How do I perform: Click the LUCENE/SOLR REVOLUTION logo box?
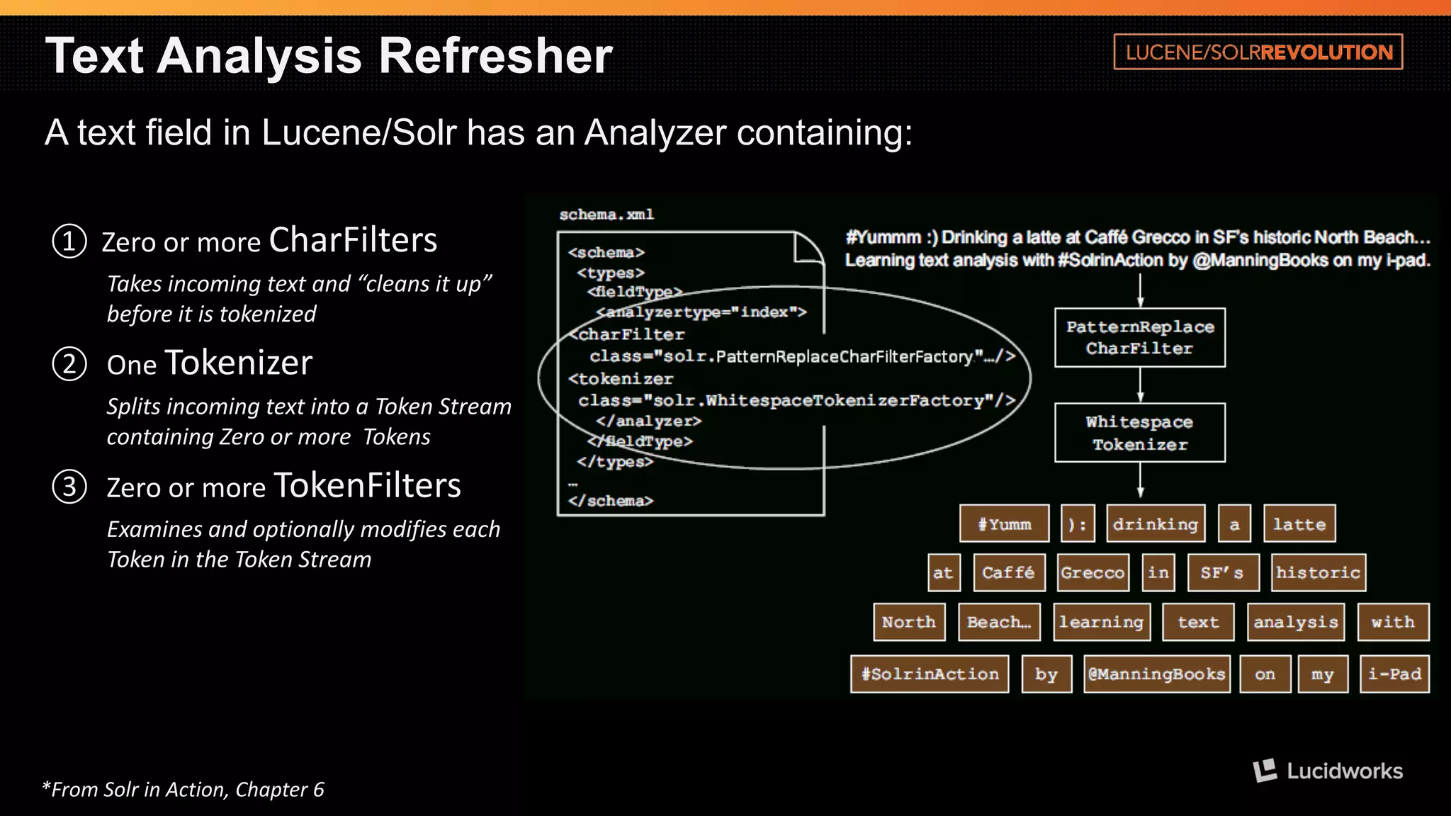click(1258, 52)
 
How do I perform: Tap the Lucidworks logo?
click(1328, 771)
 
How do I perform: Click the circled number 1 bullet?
click(69, 242)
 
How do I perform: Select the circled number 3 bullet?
click(69, 487)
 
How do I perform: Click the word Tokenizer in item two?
click(238, 363)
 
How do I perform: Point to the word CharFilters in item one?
click(353, 240)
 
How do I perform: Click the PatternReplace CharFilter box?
click(1139, 338)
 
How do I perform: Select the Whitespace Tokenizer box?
click(1139, 433)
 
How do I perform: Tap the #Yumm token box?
click(1004, 524)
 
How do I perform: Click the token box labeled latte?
click(1299, 524)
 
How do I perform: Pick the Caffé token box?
click(1008, 572)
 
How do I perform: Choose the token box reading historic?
click(1318, 572)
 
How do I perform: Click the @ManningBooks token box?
click(1156, 674)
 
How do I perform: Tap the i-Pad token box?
click(1394, 674)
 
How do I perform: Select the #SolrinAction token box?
click(930, 674)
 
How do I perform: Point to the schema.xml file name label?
click(606, 215)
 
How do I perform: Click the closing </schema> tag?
click(611, 501)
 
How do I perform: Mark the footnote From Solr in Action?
click(184, 789)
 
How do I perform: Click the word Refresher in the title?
click(495, 56)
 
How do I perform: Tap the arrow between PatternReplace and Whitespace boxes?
click(1140, 385)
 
